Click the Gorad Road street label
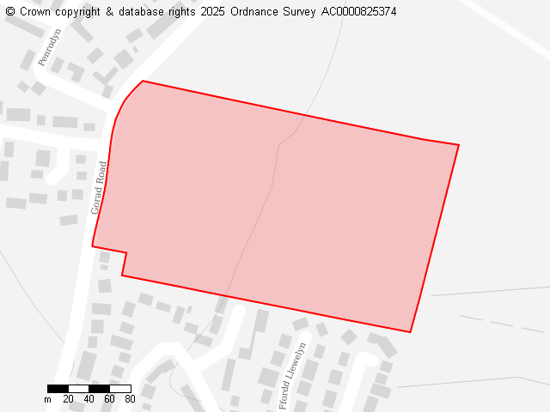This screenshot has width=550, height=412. [99, 187]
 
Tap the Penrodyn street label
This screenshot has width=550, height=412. [50, 47]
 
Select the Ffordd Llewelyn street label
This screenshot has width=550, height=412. [293, 375]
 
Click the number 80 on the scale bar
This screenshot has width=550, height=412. [130, 399]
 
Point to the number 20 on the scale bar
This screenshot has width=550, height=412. [68, 399]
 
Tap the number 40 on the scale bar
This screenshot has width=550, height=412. [89, 399]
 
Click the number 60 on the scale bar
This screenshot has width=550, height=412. [109, 399]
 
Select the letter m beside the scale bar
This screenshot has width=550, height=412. [47, 399]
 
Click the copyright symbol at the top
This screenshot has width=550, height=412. [10, 12]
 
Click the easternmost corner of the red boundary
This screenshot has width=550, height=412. [459, 145]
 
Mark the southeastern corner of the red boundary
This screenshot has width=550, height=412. [410, 332]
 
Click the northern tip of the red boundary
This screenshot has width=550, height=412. [143, 81]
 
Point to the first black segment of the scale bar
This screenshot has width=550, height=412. [58, 389]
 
